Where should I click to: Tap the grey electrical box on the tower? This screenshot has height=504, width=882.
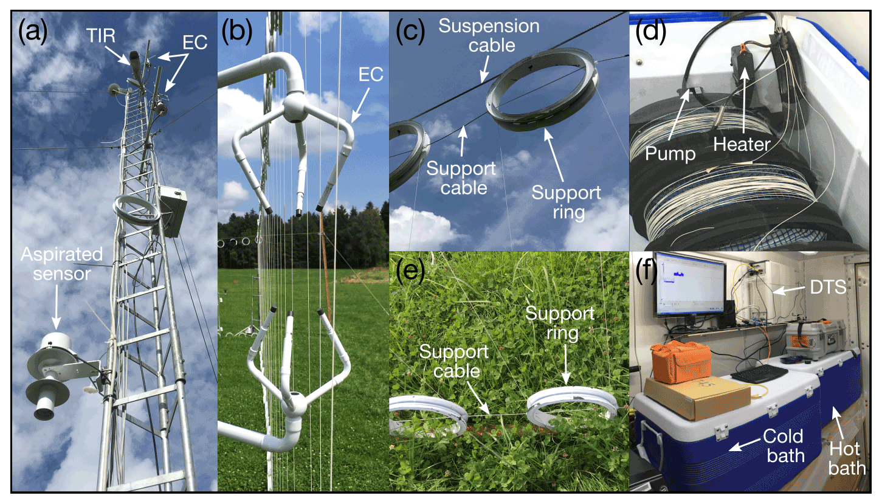coord(172,211)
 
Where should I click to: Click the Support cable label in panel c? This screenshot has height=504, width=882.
coord(457,177)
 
